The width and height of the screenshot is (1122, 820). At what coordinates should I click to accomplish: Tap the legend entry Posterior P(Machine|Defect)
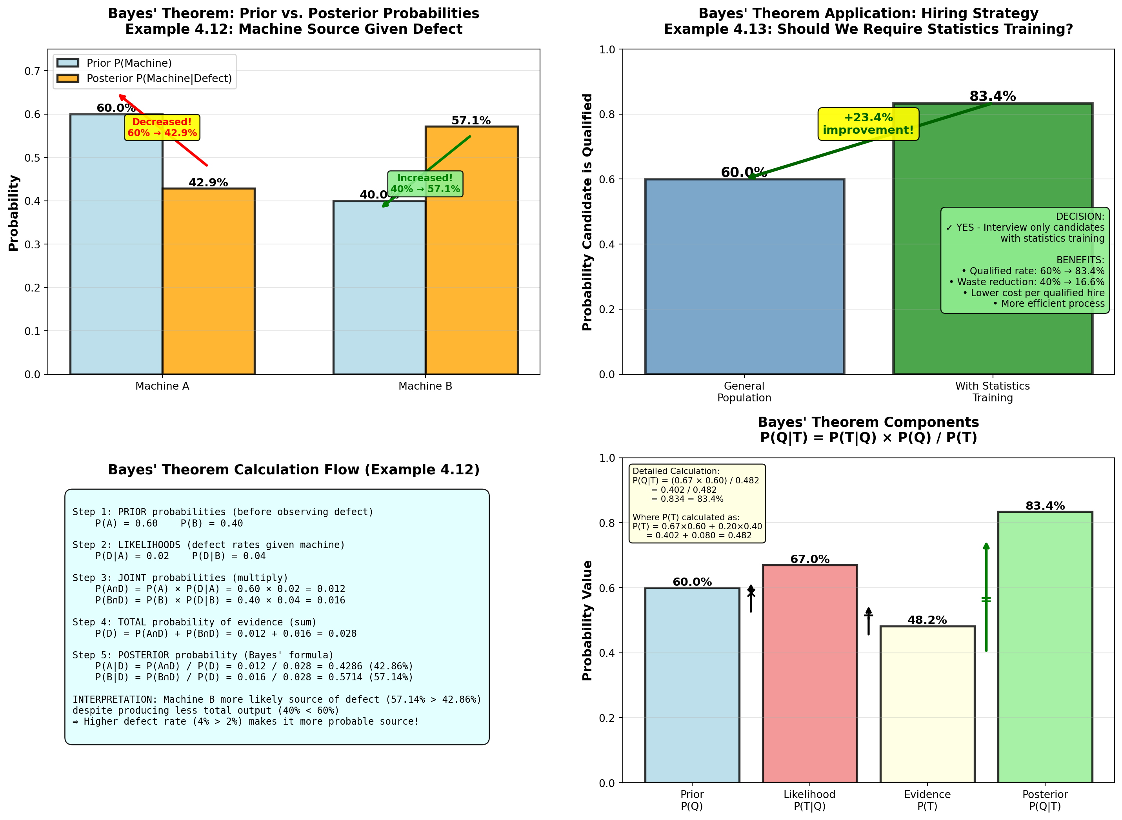[159, 78]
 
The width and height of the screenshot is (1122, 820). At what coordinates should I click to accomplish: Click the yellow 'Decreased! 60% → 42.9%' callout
[162, 128]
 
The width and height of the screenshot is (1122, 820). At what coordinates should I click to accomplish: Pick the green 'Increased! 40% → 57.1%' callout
[425, 184]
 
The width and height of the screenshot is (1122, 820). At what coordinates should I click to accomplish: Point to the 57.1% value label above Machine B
[471, 120]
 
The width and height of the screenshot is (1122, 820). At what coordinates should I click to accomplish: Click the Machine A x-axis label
[162, 386]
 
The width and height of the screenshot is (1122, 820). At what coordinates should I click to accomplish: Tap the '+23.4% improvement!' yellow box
[868, 124]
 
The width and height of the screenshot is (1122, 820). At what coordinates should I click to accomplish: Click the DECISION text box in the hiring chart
[1025, 260]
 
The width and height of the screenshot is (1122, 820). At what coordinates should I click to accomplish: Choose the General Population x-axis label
[744, 392]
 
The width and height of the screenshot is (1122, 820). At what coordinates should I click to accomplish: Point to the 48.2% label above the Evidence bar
[927, 620]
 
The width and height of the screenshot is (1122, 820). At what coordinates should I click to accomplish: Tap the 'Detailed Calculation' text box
[697, 503]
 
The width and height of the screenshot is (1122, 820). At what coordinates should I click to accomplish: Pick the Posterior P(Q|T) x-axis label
[1045, 800]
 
